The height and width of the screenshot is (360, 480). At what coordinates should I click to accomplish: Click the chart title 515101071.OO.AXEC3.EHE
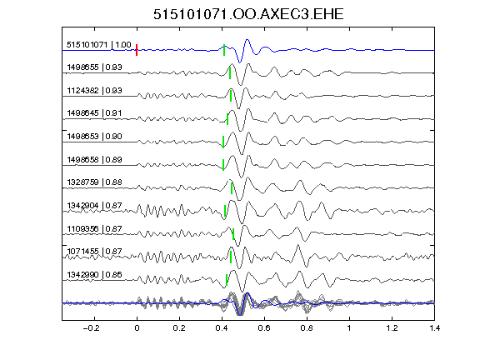(x=248, y=14)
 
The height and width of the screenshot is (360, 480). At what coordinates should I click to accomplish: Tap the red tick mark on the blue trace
(x=137, y=50)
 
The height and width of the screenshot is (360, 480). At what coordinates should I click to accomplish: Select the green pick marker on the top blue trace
(x=224, y=50)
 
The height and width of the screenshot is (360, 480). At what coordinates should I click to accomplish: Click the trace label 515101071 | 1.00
(x=99, y=45)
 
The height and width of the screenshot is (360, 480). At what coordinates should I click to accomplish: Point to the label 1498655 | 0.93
(x=95, y=67)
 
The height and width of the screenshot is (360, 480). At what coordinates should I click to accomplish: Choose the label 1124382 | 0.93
(x=95, y=90)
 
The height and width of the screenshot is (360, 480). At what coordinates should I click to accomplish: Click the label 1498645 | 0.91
(x=95, y=113)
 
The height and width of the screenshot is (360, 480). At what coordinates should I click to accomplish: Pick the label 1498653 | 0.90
(x=95, y=136)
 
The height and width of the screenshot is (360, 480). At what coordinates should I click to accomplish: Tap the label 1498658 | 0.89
(x=95, y=159)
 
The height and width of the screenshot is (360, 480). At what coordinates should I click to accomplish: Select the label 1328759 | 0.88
(x=95, y=182)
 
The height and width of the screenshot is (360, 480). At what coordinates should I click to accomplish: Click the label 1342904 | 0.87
(x=95, y=205)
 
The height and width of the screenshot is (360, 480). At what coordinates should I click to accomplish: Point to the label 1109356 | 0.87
(x=95, y=228)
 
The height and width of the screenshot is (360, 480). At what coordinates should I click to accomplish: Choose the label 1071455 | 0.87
(x=95, y=252)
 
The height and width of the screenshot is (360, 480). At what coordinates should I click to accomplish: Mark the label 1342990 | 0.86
(x=95, y=275)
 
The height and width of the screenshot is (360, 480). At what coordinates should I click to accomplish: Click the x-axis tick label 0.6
(x=264, y=328)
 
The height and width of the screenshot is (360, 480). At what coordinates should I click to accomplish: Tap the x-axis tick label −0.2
(x=92, y=328)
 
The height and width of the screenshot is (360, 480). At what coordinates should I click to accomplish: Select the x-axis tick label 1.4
(x=434, y=328)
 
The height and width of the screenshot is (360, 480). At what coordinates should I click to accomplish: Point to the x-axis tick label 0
(x=137, y=328)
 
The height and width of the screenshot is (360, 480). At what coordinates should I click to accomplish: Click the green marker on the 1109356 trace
(x=233, y=234)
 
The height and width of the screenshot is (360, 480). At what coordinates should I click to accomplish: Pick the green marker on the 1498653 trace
(x=223, y=142)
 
